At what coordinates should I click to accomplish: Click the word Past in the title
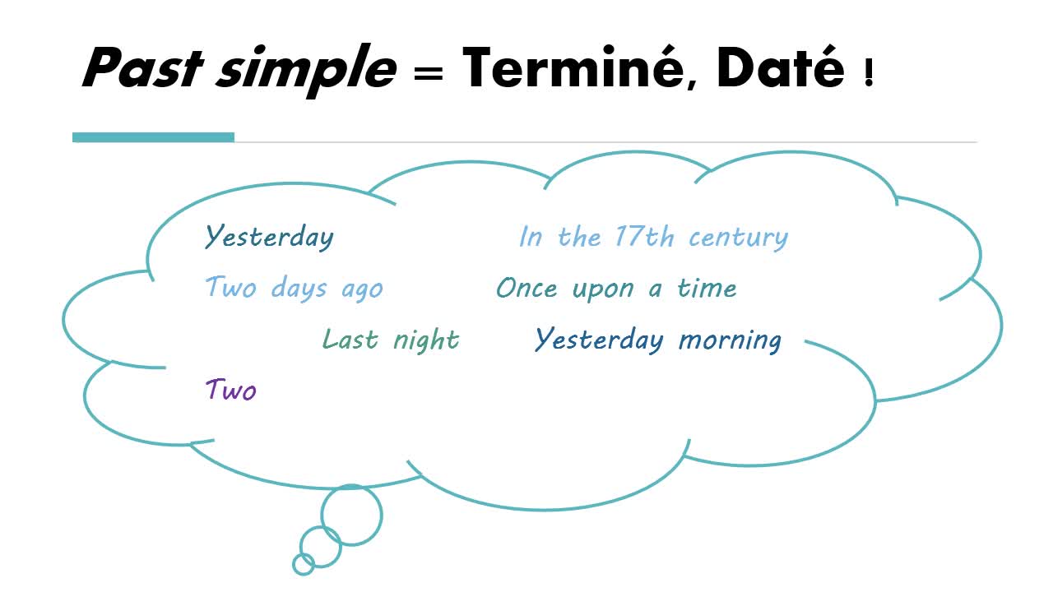pos(143,67)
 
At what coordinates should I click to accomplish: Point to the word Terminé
pos(579,67)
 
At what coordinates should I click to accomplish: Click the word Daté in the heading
pos(781,67)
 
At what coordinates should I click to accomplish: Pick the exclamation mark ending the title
pos(869,73)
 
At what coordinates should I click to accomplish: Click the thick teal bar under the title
pos(153,137)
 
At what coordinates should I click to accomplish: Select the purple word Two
pos(231,390)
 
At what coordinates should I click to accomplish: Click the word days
pos(299,287)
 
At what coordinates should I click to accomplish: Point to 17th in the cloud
pos(644,236)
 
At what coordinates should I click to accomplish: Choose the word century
pos(739,238)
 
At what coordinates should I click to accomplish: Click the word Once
pos(526,288)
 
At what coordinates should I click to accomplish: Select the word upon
pos(603,289)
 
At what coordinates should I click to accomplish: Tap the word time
pos(707,288)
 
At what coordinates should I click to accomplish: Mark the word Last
pos(350,339)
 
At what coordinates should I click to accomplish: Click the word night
pos(426,340)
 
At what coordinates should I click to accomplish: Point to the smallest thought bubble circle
pos(304,554)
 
